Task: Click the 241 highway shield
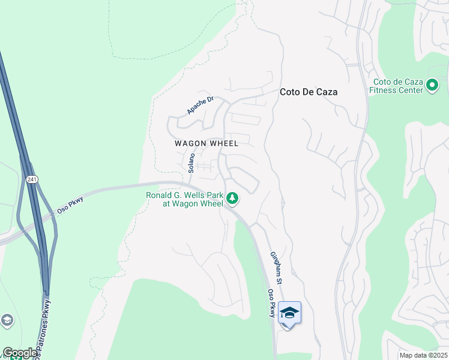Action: (x=31, y=179)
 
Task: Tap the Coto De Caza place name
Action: (x=309, y=92)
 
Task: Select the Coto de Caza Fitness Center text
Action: (x=398, y=86)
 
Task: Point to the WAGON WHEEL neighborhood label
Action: (x=206, y=143)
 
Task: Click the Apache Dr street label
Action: (x=200, y=106)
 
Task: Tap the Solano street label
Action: (x=191, y=163)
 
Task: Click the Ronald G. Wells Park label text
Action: (x=184, y=199)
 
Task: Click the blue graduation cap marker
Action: (x=289, y=313)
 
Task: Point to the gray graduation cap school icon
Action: (x=7, y=320)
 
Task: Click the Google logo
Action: (x=19, y=353)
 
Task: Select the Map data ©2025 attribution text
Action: (x=423, y=355)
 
